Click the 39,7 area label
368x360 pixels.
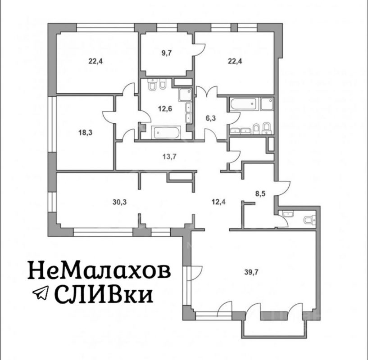[251, 273]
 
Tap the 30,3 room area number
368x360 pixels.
[119, 202]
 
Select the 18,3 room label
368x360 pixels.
[85, 133]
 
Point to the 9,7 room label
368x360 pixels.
[167, 53]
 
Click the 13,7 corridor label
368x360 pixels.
[169, 157]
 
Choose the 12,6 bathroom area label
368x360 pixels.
[165, 109]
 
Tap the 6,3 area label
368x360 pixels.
[210, 118]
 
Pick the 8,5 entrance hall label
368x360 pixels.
[260, 194]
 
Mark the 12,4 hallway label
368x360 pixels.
[219, 202]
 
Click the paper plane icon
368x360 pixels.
[41, 292]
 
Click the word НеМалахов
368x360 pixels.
[99, 270]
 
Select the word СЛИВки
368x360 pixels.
[104, 293]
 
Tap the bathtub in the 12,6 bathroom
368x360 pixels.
[166, 132]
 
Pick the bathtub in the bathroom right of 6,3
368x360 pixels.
[244, 104]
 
